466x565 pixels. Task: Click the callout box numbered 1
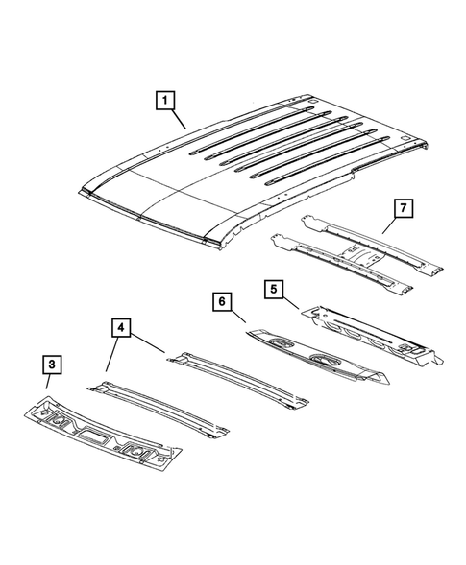(x=166, y=100)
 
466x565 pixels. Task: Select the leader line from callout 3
(x=49, y=385)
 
